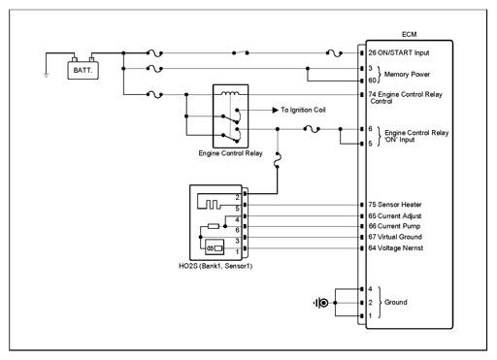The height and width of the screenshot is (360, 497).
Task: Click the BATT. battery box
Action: (x=83, y=70)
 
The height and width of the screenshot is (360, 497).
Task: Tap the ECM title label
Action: (x=409, y=34)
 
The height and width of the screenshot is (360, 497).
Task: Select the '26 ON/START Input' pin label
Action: (x=399, y=52)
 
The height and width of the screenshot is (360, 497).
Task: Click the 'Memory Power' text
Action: (x=407, y=75)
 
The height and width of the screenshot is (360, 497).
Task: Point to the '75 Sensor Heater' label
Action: (x=395, y=205)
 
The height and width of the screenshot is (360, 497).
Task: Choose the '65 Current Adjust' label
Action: (x=395, y=215)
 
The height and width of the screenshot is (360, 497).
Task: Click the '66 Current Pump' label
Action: (x=394, y=226)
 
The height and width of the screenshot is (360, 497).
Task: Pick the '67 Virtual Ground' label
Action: (x=395, y=237)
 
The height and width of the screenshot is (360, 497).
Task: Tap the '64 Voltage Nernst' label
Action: (x=396, y=248)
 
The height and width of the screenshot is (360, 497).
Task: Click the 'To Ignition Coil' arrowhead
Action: (x=276, y=111)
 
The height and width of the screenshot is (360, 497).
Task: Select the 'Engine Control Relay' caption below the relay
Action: (x=230, y=153)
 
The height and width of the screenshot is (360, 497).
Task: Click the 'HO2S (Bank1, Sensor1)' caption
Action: (x=215, y=266)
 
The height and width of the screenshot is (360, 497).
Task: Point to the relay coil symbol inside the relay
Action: (x=230, y=93)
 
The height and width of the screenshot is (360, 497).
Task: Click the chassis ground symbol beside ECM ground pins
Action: (x=321, y=303)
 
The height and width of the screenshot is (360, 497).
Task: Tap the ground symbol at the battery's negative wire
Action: (x=47, y=76)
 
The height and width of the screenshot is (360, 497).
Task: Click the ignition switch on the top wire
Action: (x=241, y=52)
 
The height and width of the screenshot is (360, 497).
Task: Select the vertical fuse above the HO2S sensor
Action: (x=278, y=160)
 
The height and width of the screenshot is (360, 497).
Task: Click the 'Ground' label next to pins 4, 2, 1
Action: (x=396, y=302)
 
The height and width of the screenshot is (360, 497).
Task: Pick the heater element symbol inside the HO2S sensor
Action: (x=209, y=205)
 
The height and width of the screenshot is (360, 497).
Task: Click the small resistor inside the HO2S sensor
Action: (x=214, y=226)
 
